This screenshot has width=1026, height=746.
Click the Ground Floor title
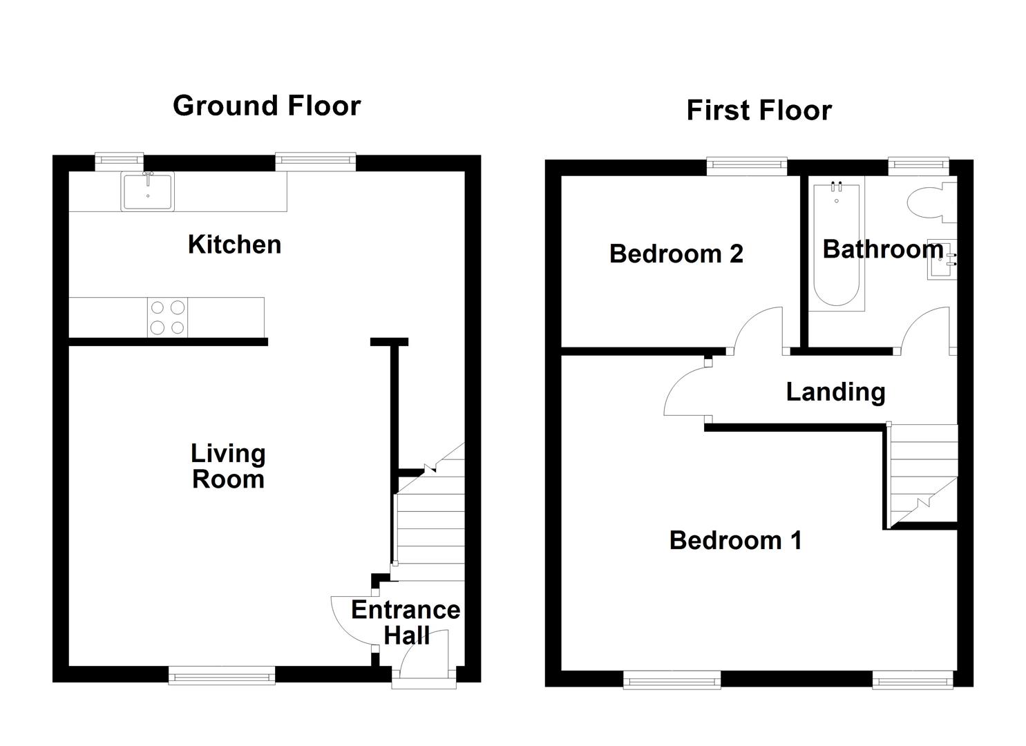click(x=267, y=106)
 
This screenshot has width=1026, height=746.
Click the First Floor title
click(x=759, y=111)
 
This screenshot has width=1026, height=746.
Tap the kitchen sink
click(x=148, y=191)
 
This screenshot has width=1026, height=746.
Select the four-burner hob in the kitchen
click(x=168, y=317)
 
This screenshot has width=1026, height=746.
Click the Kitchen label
click(x=234, y=245)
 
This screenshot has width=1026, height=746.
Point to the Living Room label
click(x=228, y=466)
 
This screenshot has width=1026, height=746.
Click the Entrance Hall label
click(x=406, y=622)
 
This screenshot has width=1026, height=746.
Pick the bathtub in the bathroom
click(x=836, y=245)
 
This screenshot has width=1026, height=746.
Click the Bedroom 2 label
click(x=676, y=254)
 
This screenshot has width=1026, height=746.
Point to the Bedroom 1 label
click(x=735, y=540)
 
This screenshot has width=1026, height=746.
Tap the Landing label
click(x=835, y=392)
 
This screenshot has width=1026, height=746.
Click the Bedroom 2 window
click(x=747, y=164)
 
